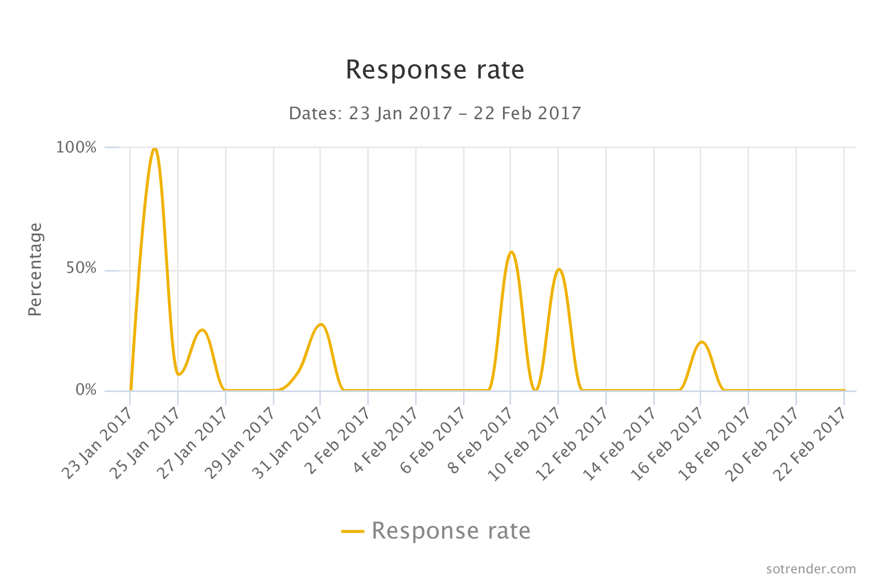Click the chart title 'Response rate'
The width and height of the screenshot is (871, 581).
tap(435, 70)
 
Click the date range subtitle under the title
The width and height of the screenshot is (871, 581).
tap(435, 113)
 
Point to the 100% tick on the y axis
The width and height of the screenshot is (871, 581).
tap(76, 147)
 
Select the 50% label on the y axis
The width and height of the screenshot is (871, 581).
tap(82, 268)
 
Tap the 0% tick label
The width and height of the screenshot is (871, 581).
tap(86, 390)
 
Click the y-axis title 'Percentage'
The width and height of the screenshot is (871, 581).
tap(35, 269)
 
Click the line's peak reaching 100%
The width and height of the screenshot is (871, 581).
tap(155, 148)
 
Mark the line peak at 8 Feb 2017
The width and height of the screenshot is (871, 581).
tap(511, 252)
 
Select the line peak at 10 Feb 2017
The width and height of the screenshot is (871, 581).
tap(559, 269)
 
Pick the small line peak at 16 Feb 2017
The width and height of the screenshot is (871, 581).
tap(702, 342)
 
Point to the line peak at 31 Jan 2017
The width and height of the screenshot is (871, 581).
tap(321, 325)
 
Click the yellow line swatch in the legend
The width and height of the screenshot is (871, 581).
tap(353, 531)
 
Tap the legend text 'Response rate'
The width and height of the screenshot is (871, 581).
tap(451, 531)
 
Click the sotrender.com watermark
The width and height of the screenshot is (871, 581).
tap(811, 569)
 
